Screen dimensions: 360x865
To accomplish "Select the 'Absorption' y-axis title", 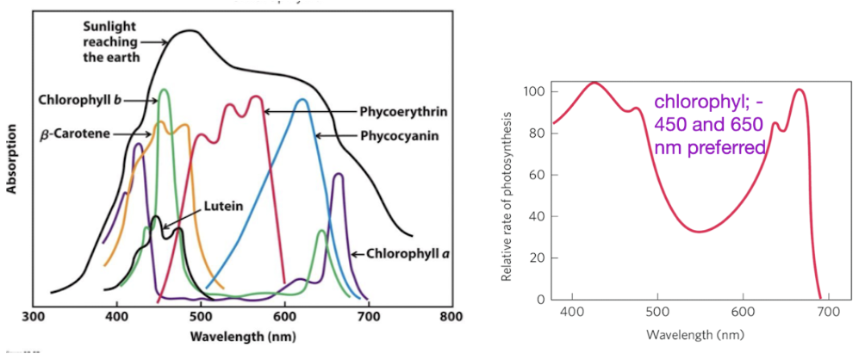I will tap(13, 162).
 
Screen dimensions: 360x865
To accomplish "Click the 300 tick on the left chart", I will tap(33, 316).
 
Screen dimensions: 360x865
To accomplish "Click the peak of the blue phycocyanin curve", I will tap(302, 100).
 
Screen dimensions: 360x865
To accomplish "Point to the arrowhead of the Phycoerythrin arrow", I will tap(265, 111).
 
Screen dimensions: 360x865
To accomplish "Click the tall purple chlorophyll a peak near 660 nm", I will tap(338, 175).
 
